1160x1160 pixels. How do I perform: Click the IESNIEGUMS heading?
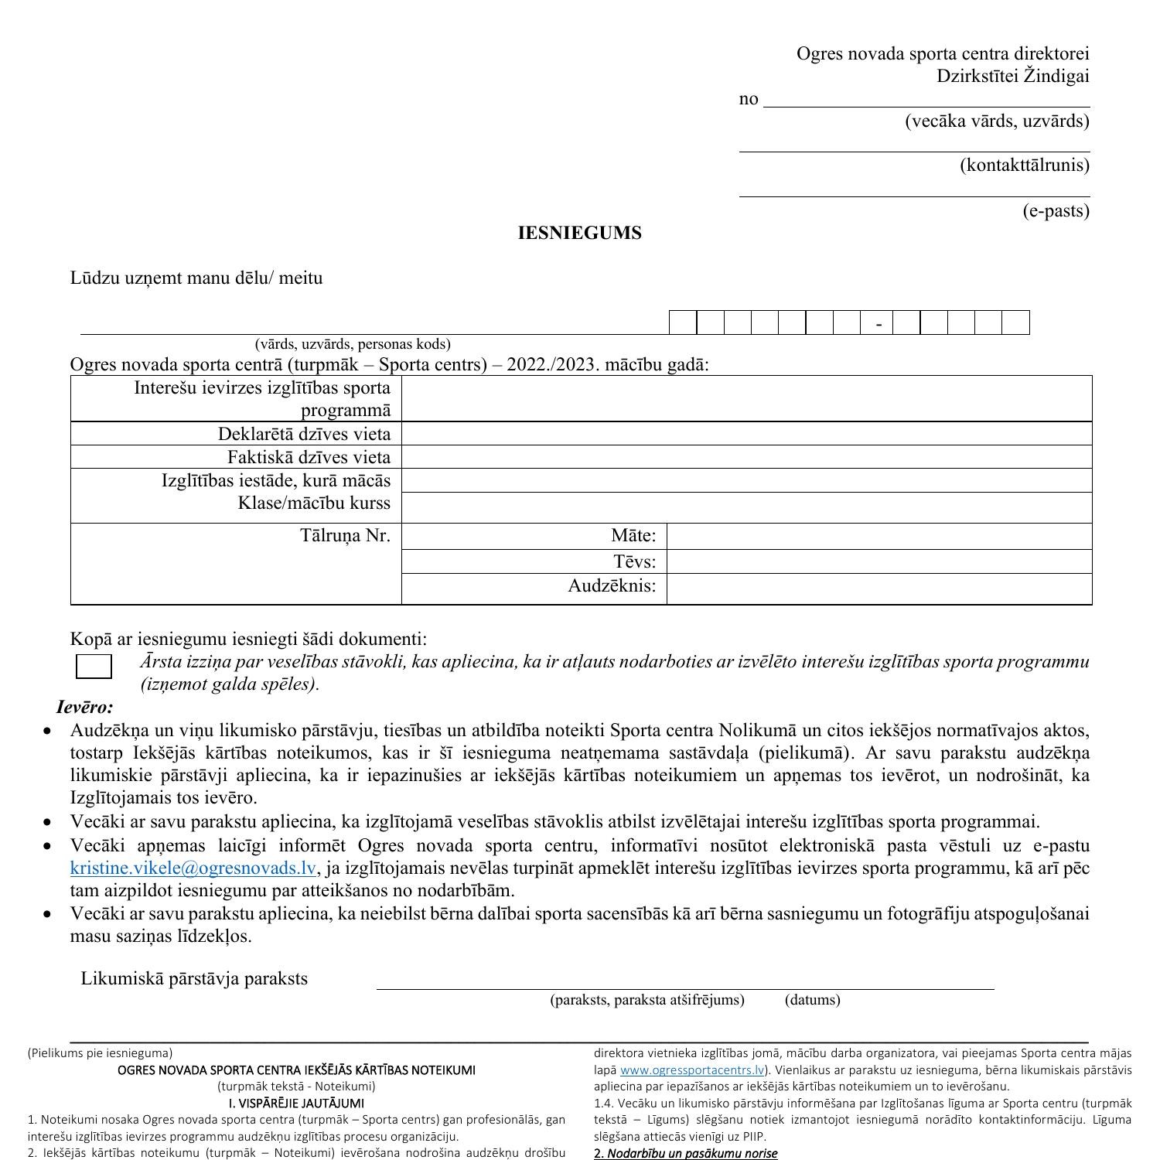click(579, 234)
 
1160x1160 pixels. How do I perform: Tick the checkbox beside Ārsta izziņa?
click(94, 667)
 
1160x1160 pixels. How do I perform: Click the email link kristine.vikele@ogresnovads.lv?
click(193, 868)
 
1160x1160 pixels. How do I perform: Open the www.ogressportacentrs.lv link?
click(691, 1070)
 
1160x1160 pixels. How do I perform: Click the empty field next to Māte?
click(879, 536)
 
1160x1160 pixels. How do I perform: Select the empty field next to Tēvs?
click(879, 561)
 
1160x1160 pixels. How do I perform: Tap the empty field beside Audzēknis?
click(879, 587)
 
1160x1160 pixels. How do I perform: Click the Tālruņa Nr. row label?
click(345, 535)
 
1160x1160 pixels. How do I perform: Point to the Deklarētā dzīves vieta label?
click(304, 434)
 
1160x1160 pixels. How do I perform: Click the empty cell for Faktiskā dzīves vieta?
click(746, 457)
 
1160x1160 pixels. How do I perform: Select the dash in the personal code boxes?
click(879, 324)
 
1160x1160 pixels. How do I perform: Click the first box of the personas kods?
click(683, 322)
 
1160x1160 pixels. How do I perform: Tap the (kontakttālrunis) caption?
click(1024, 165)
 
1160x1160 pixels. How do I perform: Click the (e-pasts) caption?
click(1056, 211)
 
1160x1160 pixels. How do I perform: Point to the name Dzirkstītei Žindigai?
click(1012, 76)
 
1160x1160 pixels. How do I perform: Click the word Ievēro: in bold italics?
click(85, 707)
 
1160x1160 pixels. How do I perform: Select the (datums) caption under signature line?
click(812, 1000)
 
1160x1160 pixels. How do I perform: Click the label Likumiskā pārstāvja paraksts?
click(194, 979)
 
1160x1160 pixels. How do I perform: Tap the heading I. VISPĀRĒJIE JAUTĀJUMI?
click(296, 1103)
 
